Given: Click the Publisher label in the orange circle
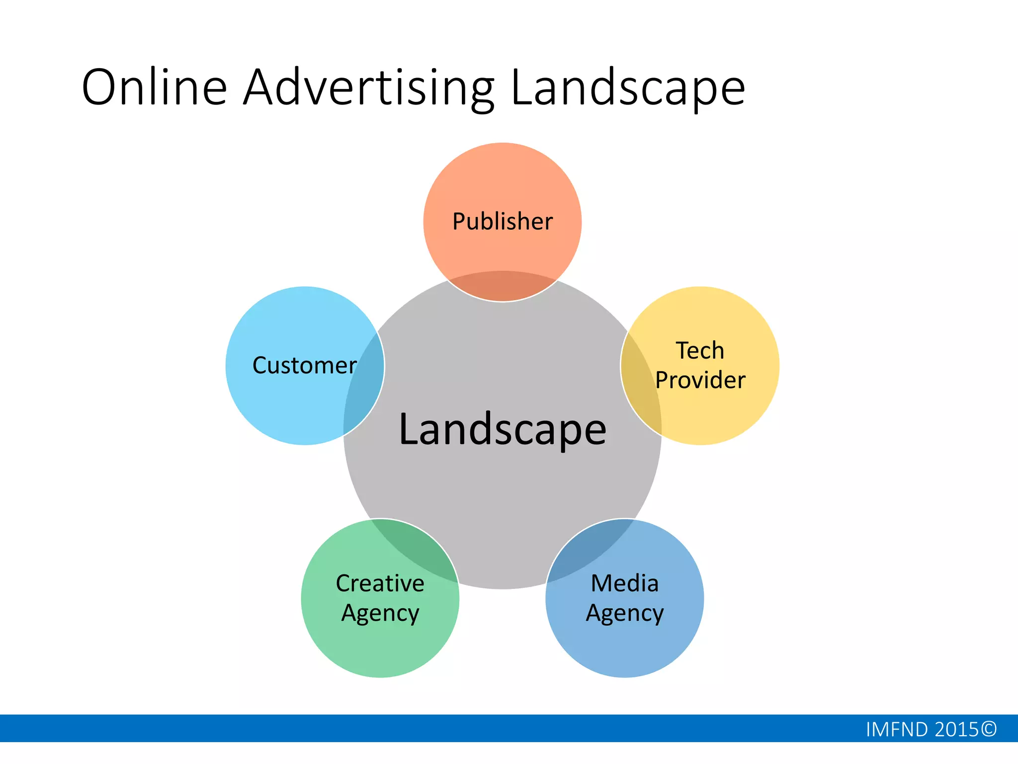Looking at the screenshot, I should point(502,221).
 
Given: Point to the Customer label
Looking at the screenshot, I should point(304,366).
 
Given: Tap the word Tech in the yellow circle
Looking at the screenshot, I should point(700,351).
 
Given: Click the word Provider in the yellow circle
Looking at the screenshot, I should point(700,381).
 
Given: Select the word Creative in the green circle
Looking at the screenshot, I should point(380,583).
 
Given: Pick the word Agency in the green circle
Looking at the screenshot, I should point(380,613).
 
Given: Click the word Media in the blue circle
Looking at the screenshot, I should point(624,583).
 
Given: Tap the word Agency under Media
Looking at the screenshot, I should point(624,613).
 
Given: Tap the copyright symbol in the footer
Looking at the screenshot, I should point(989,730).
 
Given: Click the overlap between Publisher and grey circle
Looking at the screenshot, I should point(503,286).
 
